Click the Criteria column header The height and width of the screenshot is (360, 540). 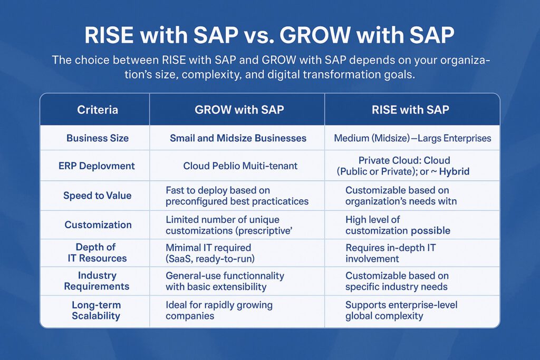(x=97, y=110)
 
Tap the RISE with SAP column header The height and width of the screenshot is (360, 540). (x=411, y=110)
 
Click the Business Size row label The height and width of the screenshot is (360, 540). (x=97, y=139)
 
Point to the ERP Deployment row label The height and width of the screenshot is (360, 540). (x=97, y=166)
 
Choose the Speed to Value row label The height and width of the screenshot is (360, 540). (x=97, y=196)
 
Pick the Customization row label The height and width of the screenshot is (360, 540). (x=98, y=225)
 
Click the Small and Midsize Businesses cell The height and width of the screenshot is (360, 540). (x=238, y=139)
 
